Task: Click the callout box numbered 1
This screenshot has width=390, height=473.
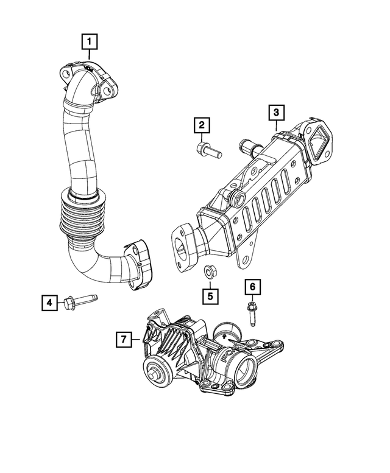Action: tap(90, 42)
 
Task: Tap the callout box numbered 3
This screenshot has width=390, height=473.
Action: tap(276, 112)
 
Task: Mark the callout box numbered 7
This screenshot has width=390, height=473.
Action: tap(123, 340)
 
